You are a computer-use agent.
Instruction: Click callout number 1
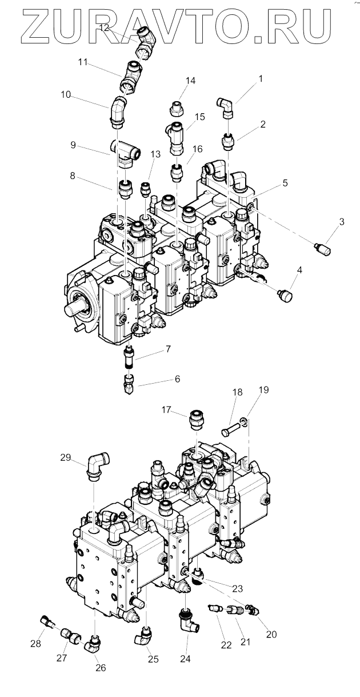coord(261,78)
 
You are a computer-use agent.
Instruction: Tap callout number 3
coord(341,221)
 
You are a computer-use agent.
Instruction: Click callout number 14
coord(190,81)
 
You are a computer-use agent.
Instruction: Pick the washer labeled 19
coord(244,422)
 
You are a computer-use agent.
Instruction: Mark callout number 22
coord(227,645)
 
